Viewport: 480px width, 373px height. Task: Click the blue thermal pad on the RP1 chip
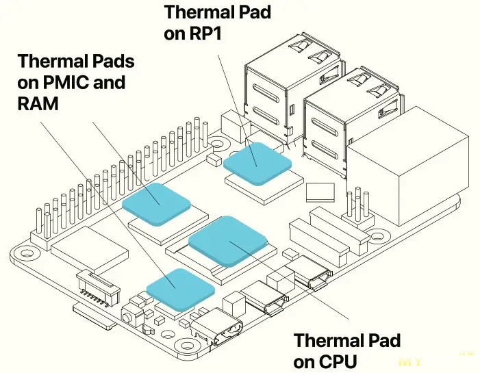pos(257,159)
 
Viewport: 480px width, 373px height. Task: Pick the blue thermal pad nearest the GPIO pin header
pos(156,202)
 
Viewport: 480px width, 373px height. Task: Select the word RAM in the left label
pos(38,103)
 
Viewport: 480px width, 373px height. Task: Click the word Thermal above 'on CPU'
pos(327,340)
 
